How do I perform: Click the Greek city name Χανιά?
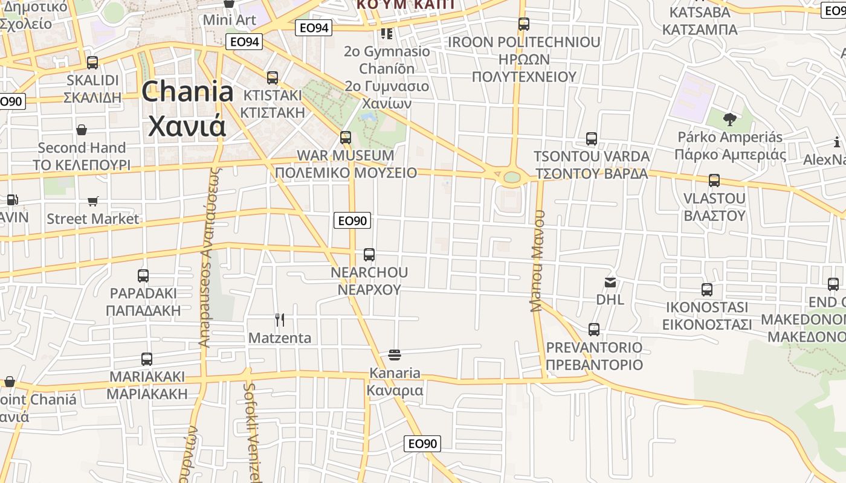[187, 126]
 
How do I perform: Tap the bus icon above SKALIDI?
[92, 62]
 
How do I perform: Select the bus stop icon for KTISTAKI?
[273, 77]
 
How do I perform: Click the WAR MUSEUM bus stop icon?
[346, 137]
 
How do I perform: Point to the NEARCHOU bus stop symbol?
[369, 254]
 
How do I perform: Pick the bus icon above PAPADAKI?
[143, 275]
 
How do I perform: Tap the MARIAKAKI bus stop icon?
[147, 359]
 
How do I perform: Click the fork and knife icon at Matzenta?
[280, 319]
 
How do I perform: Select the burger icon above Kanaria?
[395, 354]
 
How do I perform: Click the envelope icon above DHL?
[610, 282]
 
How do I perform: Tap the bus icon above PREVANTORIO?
[594, 329]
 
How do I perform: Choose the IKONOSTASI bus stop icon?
[707, 289]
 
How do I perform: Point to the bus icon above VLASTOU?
[714, 180]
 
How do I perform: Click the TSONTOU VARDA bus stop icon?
[592, 138]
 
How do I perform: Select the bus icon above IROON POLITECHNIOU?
[524, 24]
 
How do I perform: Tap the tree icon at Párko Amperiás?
[729, 119]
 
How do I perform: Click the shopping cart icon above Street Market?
[93, 200]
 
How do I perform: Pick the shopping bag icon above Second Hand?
[82, 129]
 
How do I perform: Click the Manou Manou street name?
[538, 261]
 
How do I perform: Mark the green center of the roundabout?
[511, 178]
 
